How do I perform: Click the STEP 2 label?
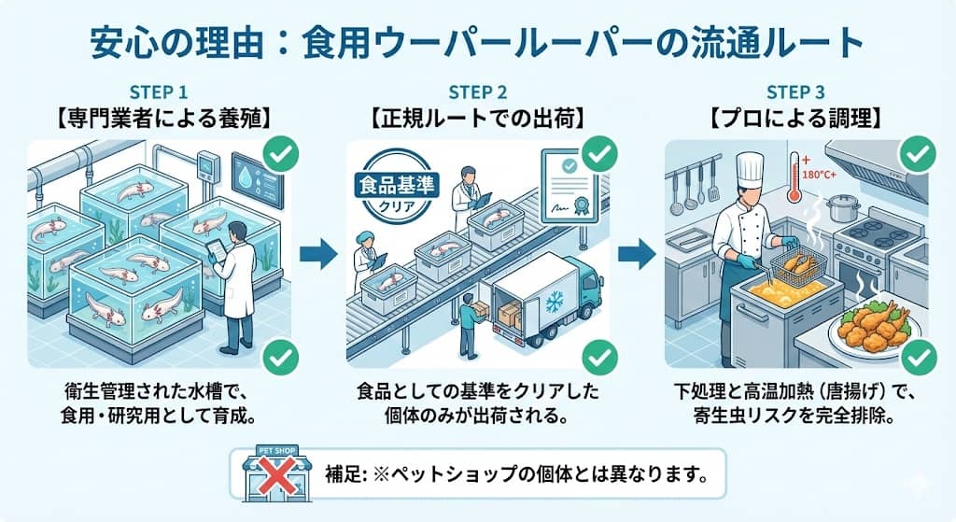(x=477, y=92)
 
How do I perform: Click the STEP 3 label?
(x=794, y=92)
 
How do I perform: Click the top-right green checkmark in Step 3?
(x=918, y=153)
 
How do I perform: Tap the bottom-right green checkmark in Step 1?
(x=282, y=356)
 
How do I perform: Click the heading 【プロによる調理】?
(x=794, y=119)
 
